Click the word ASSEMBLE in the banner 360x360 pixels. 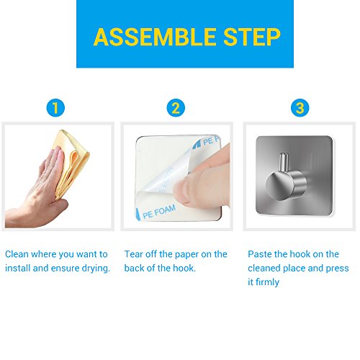pos(155,37)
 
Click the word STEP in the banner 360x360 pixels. pos(252,37)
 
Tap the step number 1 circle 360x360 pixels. pos(55,108)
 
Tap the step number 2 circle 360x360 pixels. pos(176,108)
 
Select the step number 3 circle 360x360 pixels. pos(300,108)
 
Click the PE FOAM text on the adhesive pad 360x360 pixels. pos(159,212)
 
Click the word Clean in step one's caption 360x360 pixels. pos(17,254)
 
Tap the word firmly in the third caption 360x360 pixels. pos(267,282)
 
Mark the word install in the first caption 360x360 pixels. pos(18,268)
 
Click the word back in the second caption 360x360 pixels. pos(134,268)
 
